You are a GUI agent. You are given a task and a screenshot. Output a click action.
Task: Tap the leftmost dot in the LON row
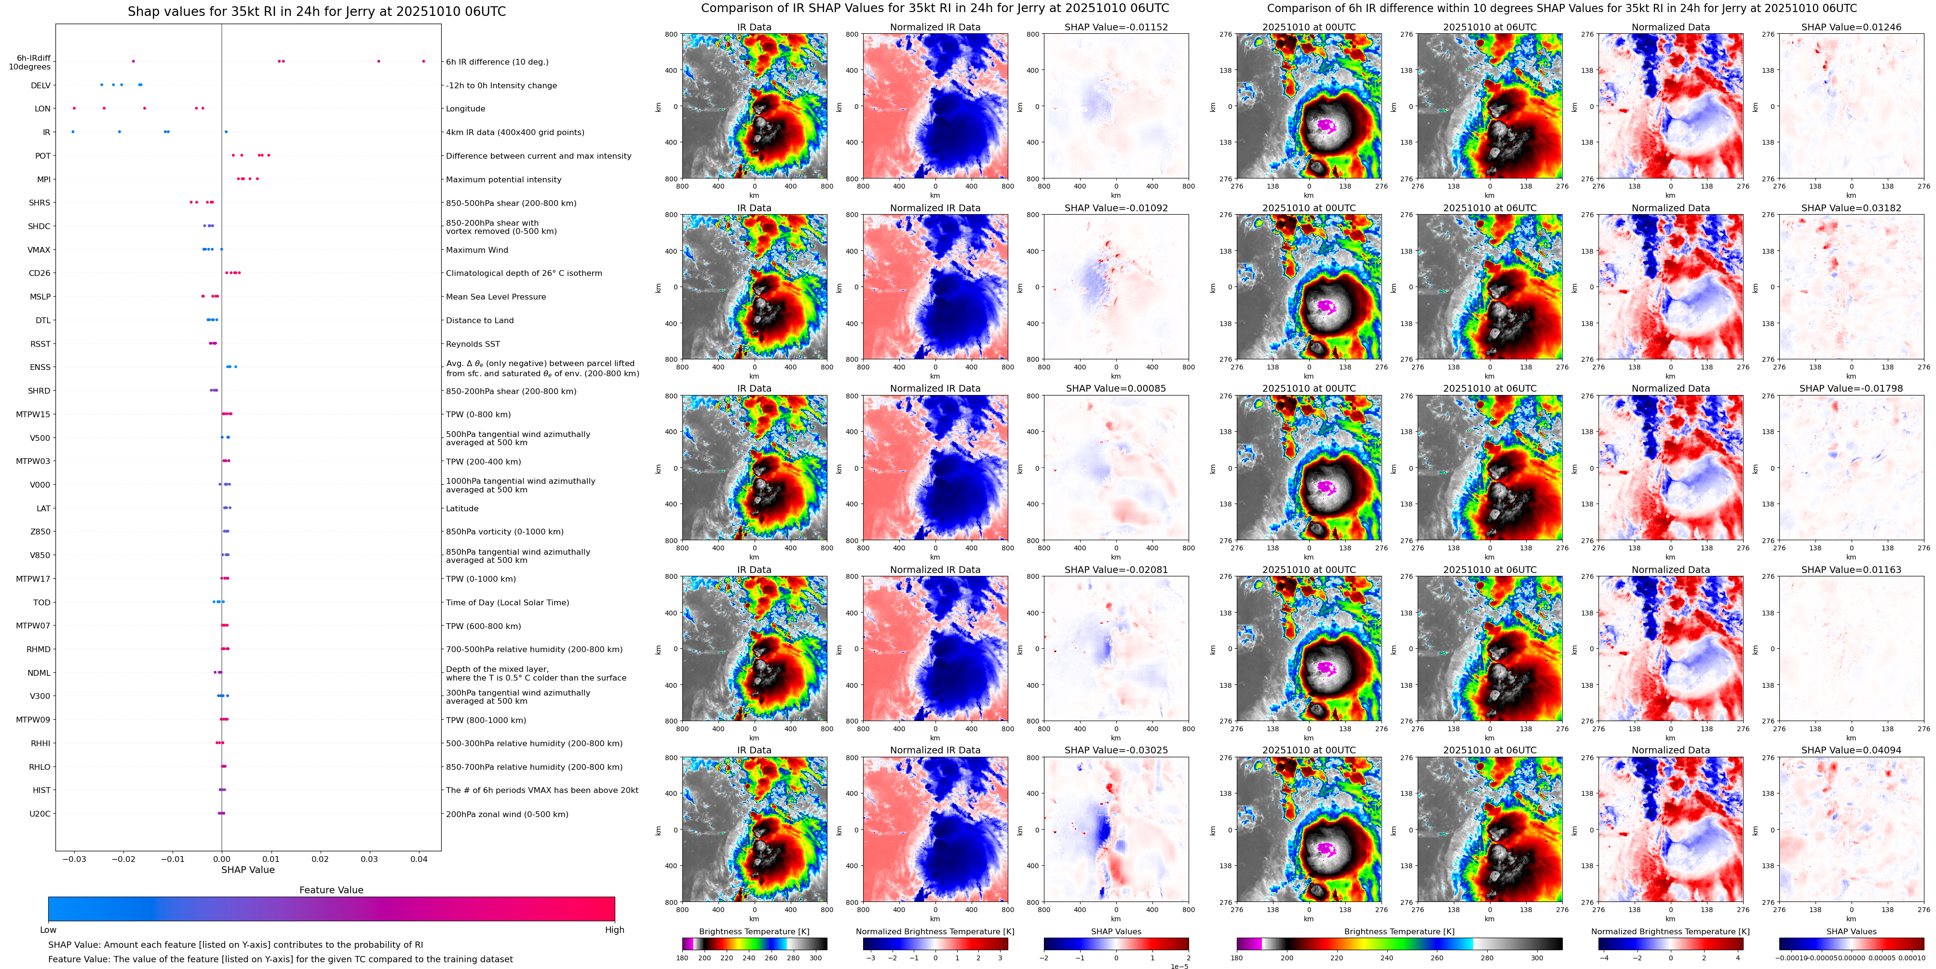pyautogui.click(x=74, y=108)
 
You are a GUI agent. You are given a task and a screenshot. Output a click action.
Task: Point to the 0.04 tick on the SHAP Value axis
pyautogui.click(x=419, y=859)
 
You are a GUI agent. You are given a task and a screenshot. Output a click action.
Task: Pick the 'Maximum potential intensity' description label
pyautogui.click(x=503, y=179)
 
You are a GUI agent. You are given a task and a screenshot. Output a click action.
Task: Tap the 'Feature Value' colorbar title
pyautogui.click(x=331, y=890)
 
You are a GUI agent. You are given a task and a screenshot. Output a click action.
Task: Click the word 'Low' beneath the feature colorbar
pyautogui.click(x=48, y=930)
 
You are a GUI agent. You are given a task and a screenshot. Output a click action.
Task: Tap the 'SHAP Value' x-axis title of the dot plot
pyautogui.click(x=247, y=870)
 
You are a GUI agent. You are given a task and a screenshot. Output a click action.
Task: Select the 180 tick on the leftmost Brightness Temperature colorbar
pyautogui.click(x=682, y=958)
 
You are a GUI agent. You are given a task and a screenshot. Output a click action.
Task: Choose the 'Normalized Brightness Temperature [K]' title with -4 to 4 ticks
pyautogui.click(x=1670, y=931)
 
